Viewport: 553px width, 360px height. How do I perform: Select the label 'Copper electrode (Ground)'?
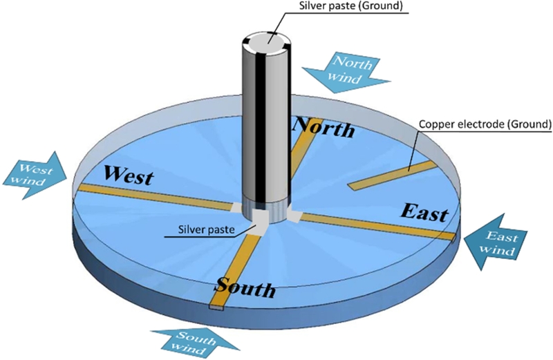pyautogui.click(x=485, y=124)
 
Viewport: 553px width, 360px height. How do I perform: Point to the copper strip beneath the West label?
pyautogui.click(x=152, y=197)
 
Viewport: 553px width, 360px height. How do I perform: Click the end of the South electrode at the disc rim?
pyautogui.click(x=216, y=306)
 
